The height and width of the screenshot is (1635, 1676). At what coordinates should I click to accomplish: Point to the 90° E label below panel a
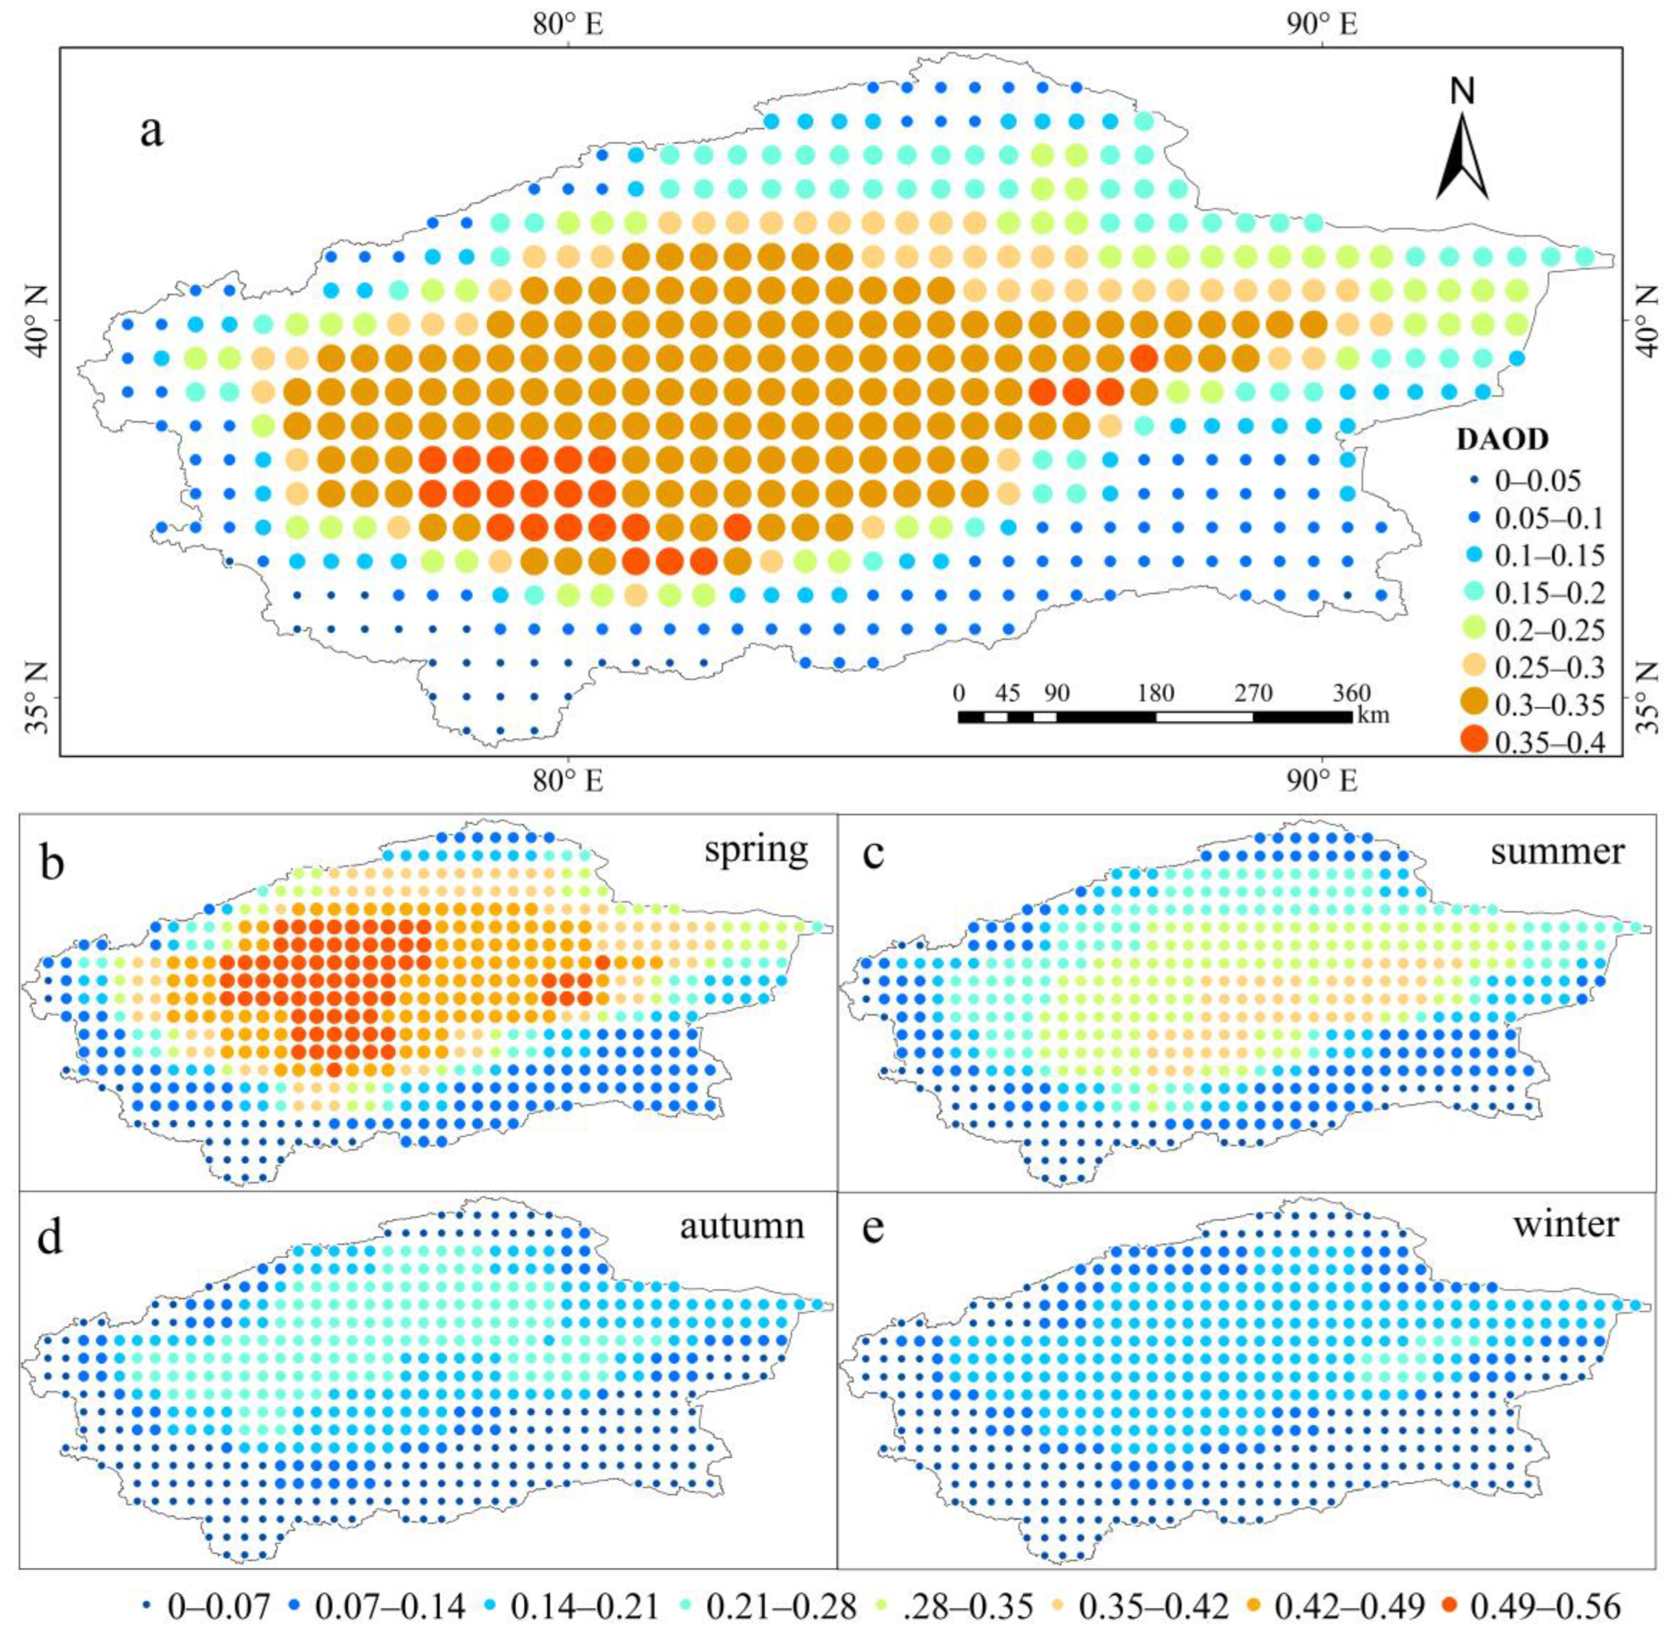pyautogui.click(x=1321, y=781)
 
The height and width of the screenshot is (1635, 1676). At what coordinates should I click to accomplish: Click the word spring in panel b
pyautogui.click(x=756, y=850)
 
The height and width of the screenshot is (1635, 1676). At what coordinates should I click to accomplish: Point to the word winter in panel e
pyautogui.click(x=1565, y=1223)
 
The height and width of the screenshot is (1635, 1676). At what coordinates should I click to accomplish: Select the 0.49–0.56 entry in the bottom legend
pyautogui.click(x=1529, y=1605)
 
